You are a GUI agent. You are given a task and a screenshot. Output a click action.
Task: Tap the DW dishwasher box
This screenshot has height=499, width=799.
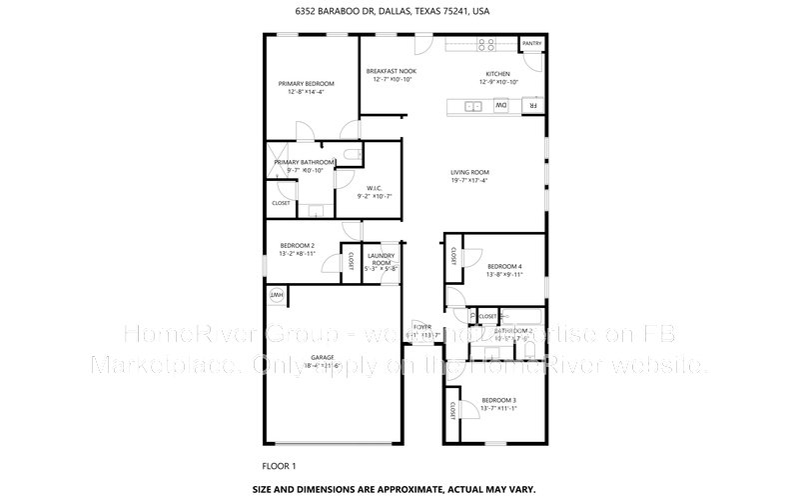click(501, 105)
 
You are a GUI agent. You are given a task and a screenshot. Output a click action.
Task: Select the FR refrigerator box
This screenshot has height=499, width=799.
click(533, 105)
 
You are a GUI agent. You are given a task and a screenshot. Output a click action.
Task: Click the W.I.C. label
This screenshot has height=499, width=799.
click(375, 187)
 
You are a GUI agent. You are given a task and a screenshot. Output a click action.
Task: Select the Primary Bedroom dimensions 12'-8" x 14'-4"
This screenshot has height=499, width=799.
click(306, 92)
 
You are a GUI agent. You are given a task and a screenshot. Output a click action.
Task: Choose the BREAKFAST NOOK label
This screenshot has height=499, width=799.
click(391, 73)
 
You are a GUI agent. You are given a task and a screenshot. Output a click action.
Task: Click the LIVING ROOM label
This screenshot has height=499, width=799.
click(469, 172)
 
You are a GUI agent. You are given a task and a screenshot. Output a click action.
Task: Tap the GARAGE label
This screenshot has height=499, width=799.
click(321, 357)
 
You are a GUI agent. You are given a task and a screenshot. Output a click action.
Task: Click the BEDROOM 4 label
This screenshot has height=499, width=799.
click(504, 265)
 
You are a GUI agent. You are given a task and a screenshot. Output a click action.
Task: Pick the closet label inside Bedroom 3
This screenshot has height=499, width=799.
click(453, 410)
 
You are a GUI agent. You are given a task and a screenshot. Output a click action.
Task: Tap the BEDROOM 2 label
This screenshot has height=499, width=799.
click(297, 246)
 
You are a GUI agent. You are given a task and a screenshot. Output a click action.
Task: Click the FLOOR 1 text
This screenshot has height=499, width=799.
click(279, 465)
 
